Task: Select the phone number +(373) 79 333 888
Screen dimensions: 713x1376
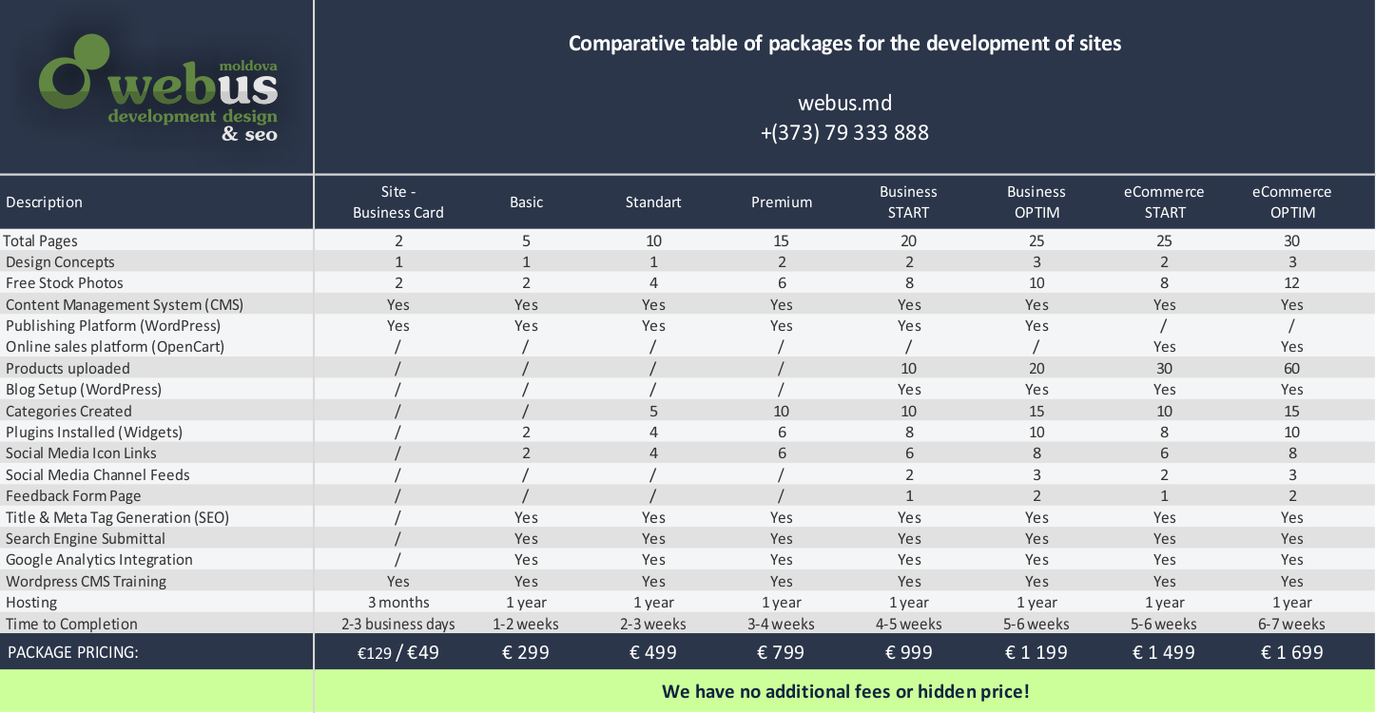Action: tap(844, 132)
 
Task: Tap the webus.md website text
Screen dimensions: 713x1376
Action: tap(844, 103)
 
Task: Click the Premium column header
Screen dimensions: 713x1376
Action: tap(782, 202)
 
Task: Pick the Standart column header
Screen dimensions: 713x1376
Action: tap(653, 202)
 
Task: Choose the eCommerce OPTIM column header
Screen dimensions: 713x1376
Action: tap(1292, 202)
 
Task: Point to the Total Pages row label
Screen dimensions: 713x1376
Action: tap(41, 241)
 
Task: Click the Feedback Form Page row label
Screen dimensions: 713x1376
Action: tap(73, 495)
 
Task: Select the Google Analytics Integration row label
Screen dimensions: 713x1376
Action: tap(99, 560)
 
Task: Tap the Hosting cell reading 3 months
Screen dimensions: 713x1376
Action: tap(398, 603)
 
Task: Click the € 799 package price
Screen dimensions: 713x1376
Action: tap(781, 652)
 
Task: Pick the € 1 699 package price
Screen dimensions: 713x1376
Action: tap(1291, 652)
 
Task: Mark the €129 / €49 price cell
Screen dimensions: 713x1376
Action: tap(397, 652)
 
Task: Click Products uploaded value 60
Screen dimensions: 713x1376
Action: tap(1291, 368)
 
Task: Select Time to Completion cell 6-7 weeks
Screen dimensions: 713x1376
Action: tap(1291, 624)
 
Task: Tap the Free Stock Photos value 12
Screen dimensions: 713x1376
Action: tap(1291, 283)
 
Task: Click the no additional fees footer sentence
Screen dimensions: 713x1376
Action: tap(845, 691)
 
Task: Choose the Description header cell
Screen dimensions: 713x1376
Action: tap(44, 202)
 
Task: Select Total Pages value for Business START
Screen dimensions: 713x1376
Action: tap(909, 241)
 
